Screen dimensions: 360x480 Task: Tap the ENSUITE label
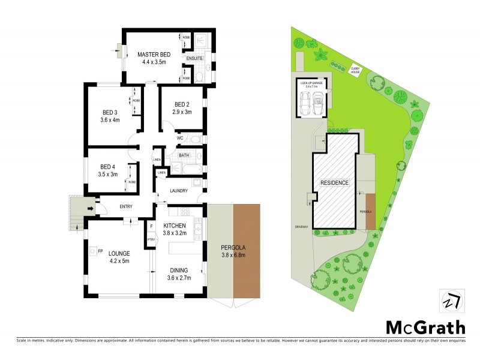point(193,58)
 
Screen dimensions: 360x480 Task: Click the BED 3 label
point(109,112)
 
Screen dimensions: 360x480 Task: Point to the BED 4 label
point(108,166)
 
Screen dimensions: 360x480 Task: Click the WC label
point(179,139)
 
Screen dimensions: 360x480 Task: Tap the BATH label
point(184,155)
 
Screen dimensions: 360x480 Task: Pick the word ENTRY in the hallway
point(126,207)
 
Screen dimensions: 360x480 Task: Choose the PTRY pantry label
point(152,238)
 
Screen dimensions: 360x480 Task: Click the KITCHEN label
point(176,225)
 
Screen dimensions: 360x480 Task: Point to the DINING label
point(178,270)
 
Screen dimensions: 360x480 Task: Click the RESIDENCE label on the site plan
point(334,182)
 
